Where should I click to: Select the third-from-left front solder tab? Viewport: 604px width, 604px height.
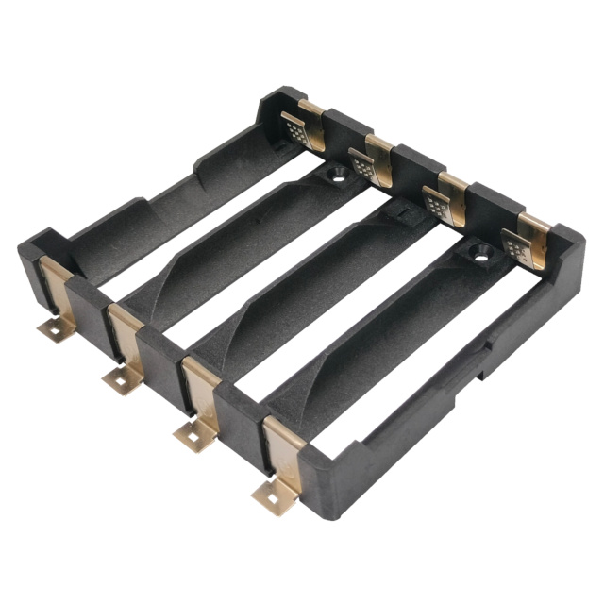click(x=194, y=433)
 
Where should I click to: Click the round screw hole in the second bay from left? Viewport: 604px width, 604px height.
click(x=336, y=175)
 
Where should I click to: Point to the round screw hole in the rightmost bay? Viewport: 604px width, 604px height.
click(x=478, y=253)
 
